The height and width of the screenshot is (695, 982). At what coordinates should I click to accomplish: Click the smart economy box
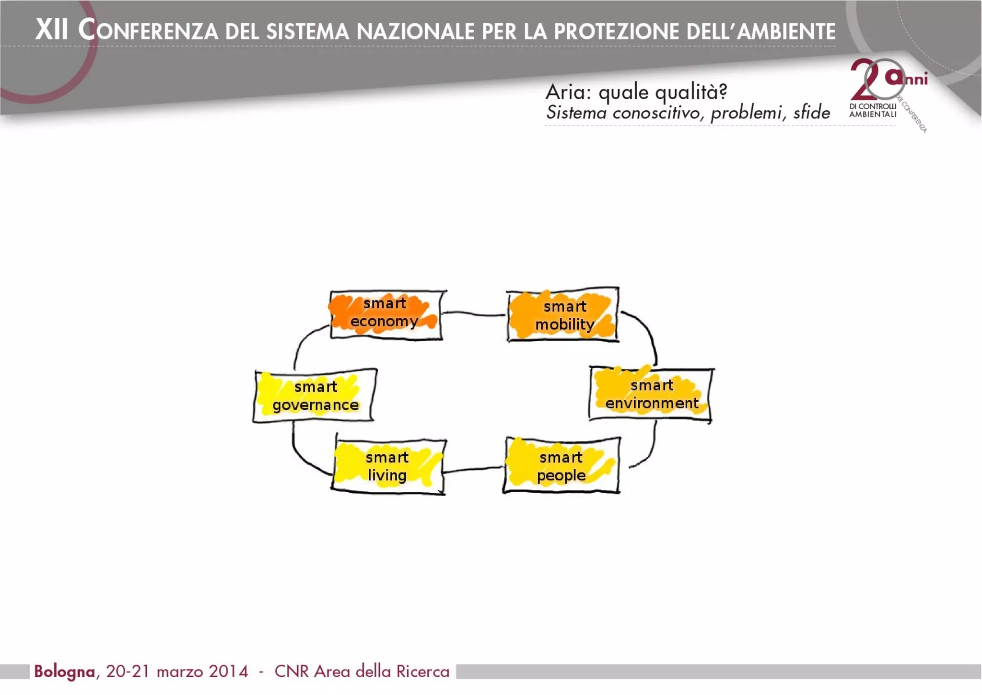tap(386, 314)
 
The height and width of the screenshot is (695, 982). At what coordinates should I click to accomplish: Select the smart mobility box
tap(563, 315)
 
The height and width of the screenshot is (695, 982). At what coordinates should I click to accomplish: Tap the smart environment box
tap(651, 394)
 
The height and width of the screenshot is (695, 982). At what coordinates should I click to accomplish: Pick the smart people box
tap(561, 465)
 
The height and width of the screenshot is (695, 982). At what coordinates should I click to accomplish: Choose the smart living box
tap(388, 466)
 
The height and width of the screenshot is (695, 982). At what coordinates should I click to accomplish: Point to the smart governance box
tap(315, 396)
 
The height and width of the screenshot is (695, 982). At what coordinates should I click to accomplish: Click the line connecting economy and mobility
tap(474, 314)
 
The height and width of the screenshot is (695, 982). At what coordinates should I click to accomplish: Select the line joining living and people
tap(474, 469)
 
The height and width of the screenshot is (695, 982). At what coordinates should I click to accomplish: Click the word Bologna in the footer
tap(64, 672)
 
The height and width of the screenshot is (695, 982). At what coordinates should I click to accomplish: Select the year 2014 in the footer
tap(228, 672)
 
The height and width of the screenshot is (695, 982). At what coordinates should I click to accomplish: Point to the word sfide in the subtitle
tap(811, 112)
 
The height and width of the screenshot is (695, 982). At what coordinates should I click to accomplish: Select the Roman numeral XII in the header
tap(52, 30)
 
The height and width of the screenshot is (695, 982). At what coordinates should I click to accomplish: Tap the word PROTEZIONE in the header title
tap(619, 32)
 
